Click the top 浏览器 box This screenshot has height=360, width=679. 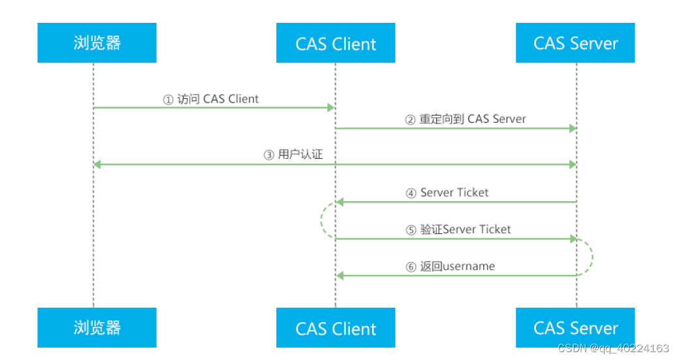[97, 43]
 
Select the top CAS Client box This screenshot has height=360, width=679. [336, 43]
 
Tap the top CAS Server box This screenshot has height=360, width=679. [575, 43]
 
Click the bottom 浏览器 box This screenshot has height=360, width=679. [97, 327]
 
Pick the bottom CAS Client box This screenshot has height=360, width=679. [336, 327]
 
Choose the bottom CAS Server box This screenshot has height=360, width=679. [575, 327]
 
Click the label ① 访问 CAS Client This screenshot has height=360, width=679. [211, 99]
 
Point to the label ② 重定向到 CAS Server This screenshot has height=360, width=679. [466, 120]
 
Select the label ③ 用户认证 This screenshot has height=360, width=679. [293, 155]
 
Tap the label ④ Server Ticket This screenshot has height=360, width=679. [447, 193]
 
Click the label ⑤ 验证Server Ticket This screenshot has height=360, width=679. [458, 229]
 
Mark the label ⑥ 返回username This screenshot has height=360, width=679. [450, 267]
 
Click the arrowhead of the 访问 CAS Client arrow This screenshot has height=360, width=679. [332, 108]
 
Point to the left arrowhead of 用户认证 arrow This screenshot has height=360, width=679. [97, 165]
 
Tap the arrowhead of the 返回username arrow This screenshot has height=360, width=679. [339, 276]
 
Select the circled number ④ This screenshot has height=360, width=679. [411, 193]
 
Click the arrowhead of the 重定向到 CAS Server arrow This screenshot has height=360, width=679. [572, 128]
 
